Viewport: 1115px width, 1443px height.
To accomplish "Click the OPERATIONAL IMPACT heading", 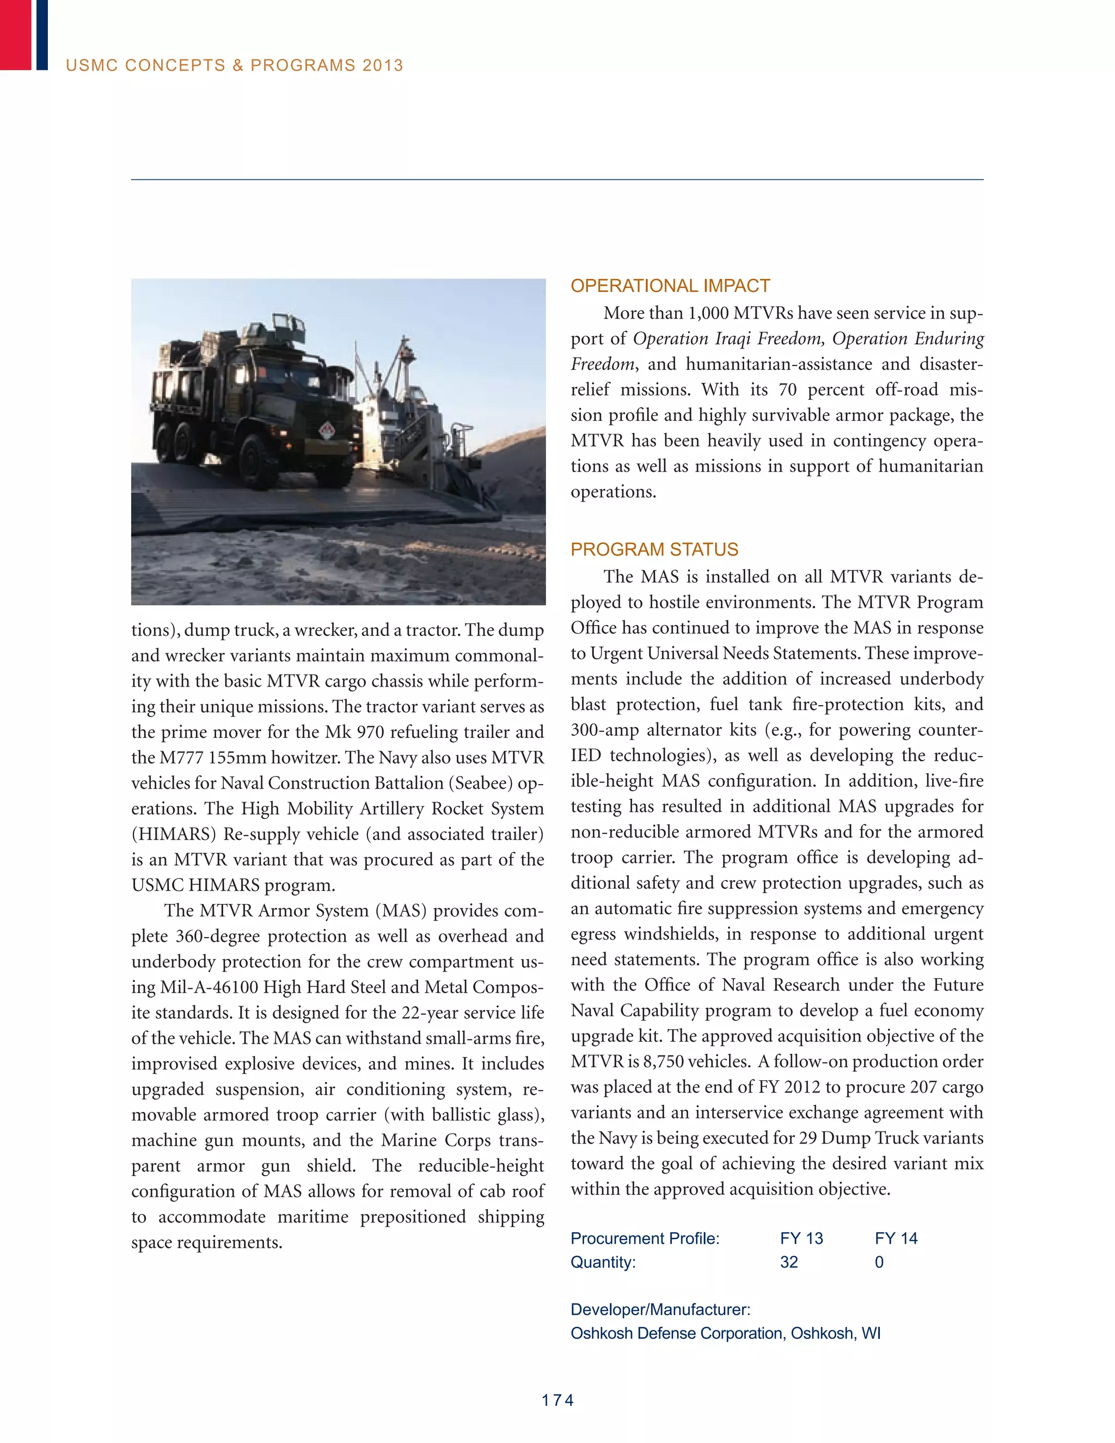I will (670, 286).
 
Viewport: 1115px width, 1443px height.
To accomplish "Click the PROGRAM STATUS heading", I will (654, 550).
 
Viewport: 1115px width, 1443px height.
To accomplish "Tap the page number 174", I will (557, 1400).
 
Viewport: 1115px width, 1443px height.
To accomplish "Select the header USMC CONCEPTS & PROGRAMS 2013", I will (235, 65).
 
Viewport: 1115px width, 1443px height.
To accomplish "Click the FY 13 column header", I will (801, 1238).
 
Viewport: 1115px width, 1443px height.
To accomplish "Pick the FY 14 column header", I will (896, 1238).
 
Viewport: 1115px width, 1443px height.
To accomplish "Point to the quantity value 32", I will (789, 1262).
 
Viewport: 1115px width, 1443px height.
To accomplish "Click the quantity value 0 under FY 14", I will (879, 1262).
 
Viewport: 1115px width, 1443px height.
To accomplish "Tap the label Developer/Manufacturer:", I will (660, 1310).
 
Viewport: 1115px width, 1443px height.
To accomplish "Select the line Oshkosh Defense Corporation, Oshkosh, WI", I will (725, 1334).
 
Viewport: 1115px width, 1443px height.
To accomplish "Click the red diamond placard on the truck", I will (327, 431).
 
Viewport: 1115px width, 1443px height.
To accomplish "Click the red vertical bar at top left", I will (15, 34).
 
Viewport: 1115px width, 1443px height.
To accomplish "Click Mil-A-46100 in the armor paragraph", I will (210, 988).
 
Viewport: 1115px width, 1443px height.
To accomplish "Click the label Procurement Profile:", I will (645, 1238).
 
